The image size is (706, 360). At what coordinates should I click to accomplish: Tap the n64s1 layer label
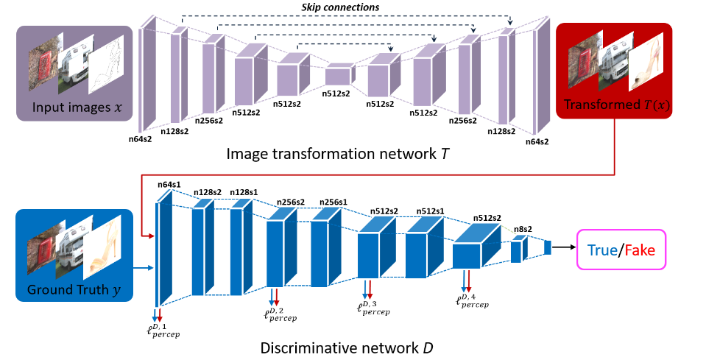click(x=170, y=185)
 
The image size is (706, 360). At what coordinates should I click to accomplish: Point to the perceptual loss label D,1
click(x=163, y=326)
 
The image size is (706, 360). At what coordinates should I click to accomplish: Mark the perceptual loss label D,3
click(x=373, y=307)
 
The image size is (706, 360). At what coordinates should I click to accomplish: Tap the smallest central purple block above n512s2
click(x=339, y=75)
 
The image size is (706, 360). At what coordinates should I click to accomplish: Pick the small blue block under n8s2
click(x=517, y=251)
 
